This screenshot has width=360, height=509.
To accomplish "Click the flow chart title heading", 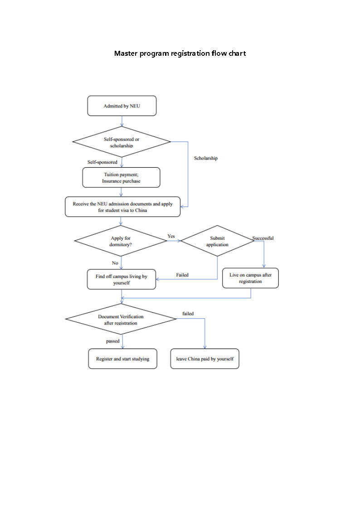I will [x=180, y=53].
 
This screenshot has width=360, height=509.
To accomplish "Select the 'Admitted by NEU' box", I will [x=122, y=106].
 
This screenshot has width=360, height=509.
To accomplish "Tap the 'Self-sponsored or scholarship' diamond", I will [x=122, y=142].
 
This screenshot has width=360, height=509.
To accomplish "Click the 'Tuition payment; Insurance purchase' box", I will [x=121, y=177].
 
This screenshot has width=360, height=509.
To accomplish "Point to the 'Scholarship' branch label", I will [x=206, y=158].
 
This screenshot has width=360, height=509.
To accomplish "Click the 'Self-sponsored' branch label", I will [x=102, y=162].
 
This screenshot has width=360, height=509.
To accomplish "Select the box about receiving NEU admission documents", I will [x=122, y=207].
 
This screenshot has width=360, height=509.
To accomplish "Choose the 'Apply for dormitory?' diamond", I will [x=121, y=241].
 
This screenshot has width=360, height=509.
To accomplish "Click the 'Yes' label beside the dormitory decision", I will [x=171, y=236].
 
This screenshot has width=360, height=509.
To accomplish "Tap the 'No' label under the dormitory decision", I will [x=115, y=263].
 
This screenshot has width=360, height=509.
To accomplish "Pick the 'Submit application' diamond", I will [x=217, y=241].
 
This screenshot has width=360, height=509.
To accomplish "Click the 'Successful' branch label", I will [x=263, y=238].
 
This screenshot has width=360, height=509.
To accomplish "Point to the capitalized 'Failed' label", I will [x=182, y=275].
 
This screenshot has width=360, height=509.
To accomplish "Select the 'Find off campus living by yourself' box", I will [x=121, y=279].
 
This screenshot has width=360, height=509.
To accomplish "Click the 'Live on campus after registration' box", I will [x=250, y=278].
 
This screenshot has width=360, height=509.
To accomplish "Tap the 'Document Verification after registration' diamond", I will [x=121, y=320].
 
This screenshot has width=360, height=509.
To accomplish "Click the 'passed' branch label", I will [x=113, y=341].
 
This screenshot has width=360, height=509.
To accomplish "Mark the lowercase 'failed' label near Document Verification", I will [x=188, y=314].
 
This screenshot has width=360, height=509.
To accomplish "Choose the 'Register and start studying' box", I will [x=122, y=359].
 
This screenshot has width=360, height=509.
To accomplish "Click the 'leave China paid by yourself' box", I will [x=204, y=359].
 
